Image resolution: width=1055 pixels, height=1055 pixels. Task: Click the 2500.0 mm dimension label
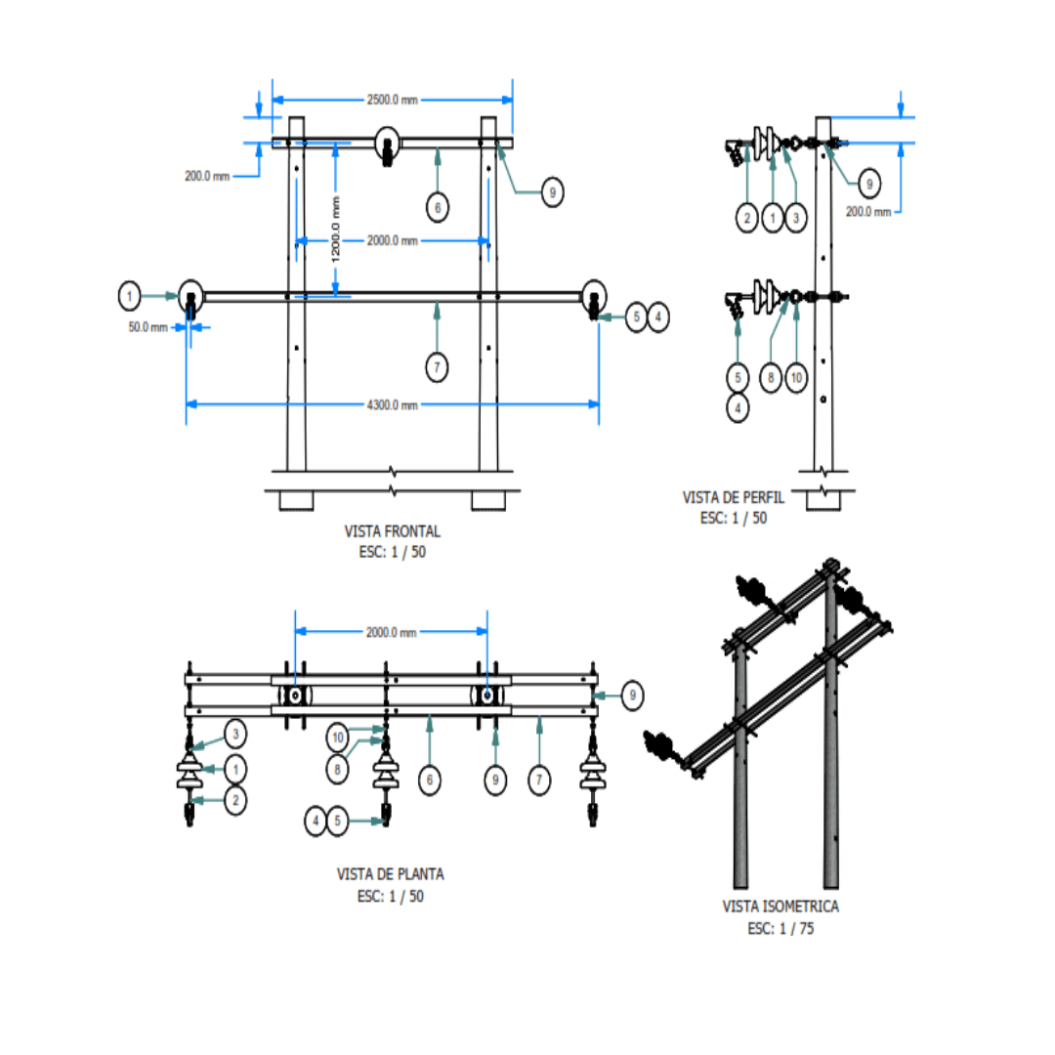pyautogui.click(x=392, y=99)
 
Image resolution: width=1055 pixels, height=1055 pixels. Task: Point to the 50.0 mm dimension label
pyautogui.click(x=148, y=327)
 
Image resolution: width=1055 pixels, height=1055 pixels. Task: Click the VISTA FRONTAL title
pyautogui.click(x=393, y=531)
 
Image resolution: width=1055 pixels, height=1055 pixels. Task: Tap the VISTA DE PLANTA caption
pyautogui.click(x=383, y=873)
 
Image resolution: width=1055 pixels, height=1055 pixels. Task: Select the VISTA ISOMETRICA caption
pyautogui.click(x=781, y=907)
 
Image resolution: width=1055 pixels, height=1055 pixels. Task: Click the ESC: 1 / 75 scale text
pyautogui.click(x=781, y=928)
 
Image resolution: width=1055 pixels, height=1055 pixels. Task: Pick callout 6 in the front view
pyautogui.click(x=438, y=207)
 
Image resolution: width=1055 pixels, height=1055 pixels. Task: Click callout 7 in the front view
pyautogui.click(x=438, y=367)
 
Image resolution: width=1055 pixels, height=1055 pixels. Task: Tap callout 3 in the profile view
pyautogui.click(x=797, y=219)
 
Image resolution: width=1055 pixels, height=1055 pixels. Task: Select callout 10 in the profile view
pyautogui.click(x=796, y=379)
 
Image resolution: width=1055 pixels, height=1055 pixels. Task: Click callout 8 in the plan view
pyautogui.click(x=338, y=771)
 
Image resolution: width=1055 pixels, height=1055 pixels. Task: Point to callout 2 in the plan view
pyautogui.click(x=234, y=800)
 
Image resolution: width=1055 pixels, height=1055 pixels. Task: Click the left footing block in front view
pyautogui.click(x=296, y=500)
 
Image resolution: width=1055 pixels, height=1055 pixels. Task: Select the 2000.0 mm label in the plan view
pyautogui.click(x=392, y=633)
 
